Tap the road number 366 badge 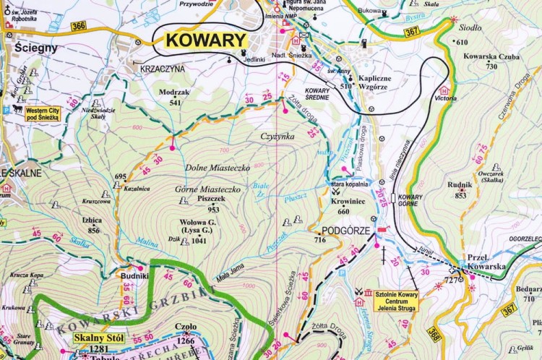click(x=79, y=27)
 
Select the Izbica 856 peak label click(x=93, y=226)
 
